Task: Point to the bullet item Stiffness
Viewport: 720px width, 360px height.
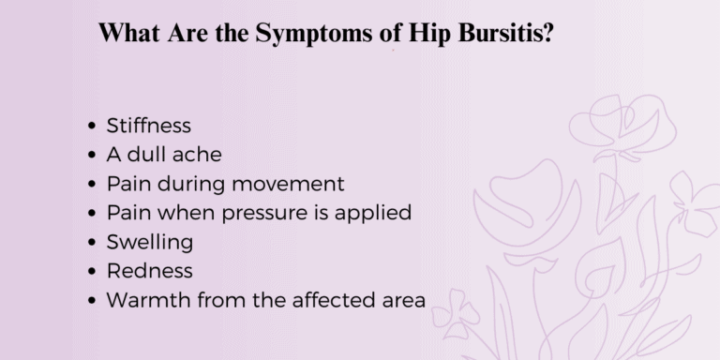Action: click(x=148, y=125)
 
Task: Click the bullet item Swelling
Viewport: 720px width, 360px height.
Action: click(x=150, y=242)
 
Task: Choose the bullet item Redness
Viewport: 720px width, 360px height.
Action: click(x=149, y=271)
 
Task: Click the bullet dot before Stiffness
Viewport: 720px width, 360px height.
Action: click(x=90, y=126)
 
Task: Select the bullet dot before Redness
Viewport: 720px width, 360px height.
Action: click(x=90, y=272)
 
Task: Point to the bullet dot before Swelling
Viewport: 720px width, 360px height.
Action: click(x=90, y=243)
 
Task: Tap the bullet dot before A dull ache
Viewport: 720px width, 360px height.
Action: click(x=90, y=155)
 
